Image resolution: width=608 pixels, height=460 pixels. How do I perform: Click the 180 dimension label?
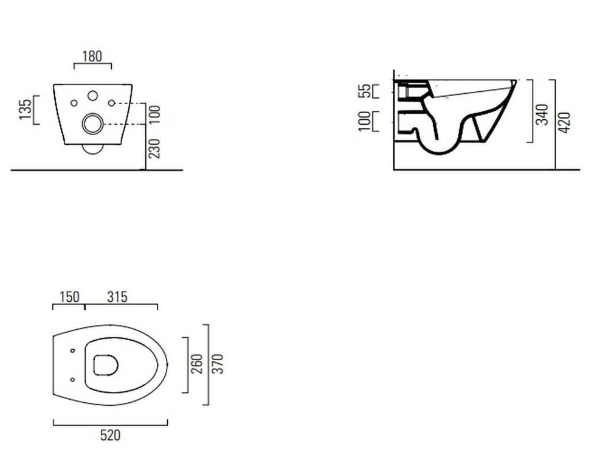(92, 57)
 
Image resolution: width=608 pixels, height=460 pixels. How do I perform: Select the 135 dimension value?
(25, 110)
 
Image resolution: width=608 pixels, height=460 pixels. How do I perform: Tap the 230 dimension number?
(154, 148)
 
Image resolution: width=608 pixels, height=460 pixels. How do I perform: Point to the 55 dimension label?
(365, 91)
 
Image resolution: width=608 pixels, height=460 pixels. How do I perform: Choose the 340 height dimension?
(542, 114)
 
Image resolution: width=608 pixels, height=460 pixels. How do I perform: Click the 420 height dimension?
(565, 122)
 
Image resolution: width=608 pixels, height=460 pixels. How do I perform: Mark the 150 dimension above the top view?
(69, 297)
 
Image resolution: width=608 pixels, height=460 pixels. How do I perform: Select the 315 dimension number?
(117, 297)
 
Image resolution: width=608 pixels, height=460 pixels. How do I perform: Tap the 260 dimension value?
(198, 364)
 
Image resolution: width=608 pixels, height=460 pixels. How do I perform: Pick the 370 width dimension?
(219, 364)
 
